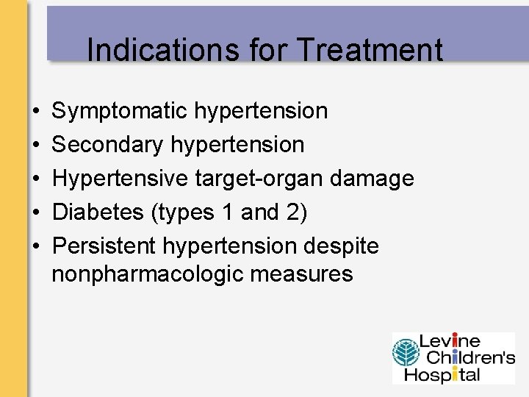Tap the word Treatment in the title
point(370,50)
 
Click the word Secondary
point(108,145)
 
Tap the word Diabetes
point(98,212)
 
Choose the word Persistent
point(105,246)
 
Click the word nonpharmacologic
point(148,275)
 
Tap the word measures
point(302,275)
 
